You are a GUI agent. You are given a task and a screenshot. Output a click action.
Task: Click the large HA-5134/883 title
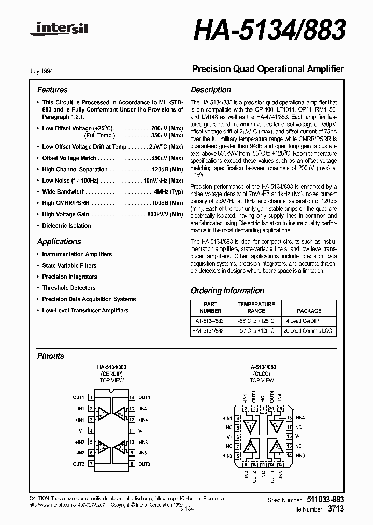(269, 32)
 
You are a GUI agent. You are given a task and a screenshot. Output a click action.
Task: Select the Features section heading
(52, 90)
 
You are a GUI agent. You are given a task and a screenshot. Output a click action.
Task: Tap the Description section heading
(211, 90)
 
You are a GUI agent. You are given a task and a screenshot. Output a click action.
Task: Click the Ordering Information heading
(227, 291)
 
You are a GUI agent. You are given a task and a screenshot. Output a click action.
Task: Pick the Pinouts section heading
(51, 356)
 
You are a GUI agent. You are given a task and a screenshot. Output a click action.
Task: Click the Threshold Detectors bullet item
(68, 288)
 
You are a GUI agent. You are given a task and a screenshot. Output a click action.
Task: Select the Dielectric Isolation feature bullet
(66, 226)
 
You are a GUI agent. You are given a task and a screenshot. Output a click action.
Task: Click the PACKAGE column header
(309, 311)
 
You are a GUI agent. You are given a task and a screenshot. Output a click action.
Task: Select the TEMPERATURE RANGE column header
(255, 307)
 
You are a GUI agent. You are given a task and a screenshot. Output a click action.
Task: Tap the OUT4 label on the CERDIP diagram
(144, 398)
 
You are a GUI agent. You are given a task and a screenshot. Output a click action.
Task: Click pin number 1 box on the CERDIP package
(91, 398)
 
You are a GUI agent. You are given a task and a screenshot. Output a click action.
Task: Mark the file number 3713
(335, 509)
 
